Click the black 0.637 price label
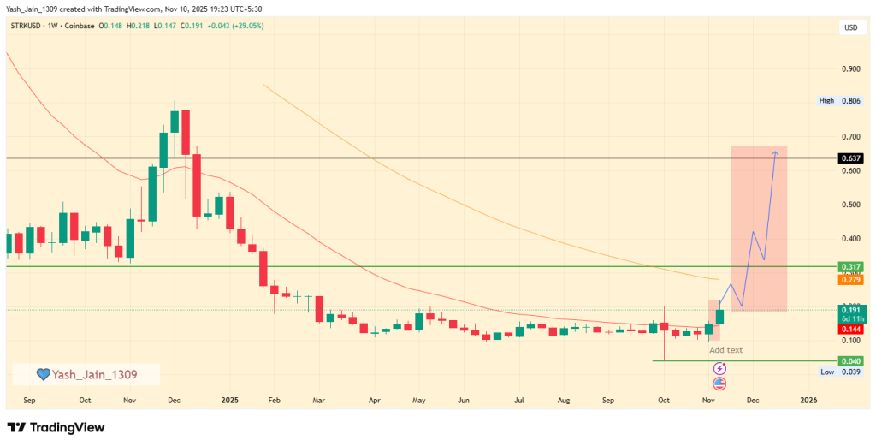(849, 158)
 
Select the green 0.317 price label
(849, 267)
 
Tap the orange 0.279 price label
(849, 280)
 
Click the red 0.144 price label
(849, 329)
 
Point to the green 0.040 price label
(849, 361)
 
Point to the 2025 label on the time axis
(228, 400)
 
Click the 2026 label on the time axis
(808, 400)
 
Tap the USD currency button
(850, 27)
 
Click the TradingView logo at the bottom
(56, 427)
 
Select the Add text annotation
(725, 350)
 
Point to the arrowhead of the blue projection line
(775, 152)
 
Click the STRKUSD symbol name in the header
(29, 26)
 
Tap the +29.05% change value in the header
(244, 26)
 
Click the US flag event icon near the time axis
(719, 383)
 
